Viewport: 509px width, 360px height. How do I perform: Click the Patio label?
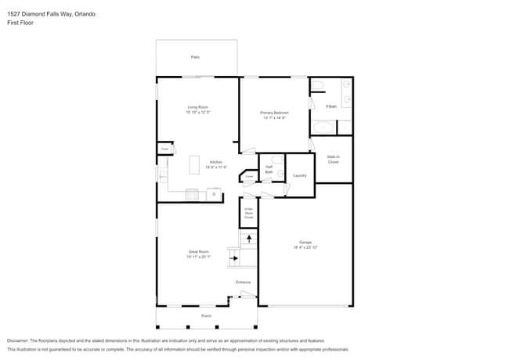pyautogui.click(x=195, y=57)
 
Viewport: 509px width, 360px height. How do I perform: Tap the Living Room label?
pyautogui.click(x=197, y=107)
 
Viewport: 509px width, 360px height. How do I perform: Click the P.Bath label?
pyautogui.click(x=331, y=106)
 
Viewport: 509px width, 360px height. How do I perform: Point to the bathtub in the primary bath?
pyautogui.click(x=323, y=128)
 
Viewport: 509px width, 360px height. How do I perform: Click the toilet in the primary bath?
pyautogui.click(x=317, y=85)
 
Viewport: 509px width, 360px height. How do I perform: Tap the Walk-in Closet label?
pyautogui.click(x=333, y=159)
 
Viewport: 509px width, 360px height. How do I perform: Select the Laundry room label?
pyautogui.click(x=299, y=175)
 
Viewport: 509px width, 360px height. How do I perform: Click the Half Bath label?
pyautogui.click(x=269, y=169)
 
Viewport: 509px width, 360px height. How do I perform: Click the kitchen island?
pyautogui.click(x=195, y=164)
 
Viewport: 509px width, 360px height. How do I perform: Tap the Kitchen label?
pyautogui.click(x=215, y=162)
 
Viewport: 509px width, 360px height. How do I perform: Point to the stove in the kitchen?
pyautogui.click(x=192, y=195)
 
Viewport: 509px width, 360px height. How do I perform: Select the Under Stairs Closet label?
pyautogui.click(x=248, y=213)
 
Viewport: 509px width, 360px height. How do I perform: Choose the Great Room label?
pyautogui.click(x=197, y=254)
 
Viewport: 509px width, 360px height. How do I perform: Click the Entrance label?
pyautogui.click(x=244, y=282)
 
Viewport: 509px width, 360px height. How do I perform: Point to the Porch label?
pyautogui.click(x=206, y=315)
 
